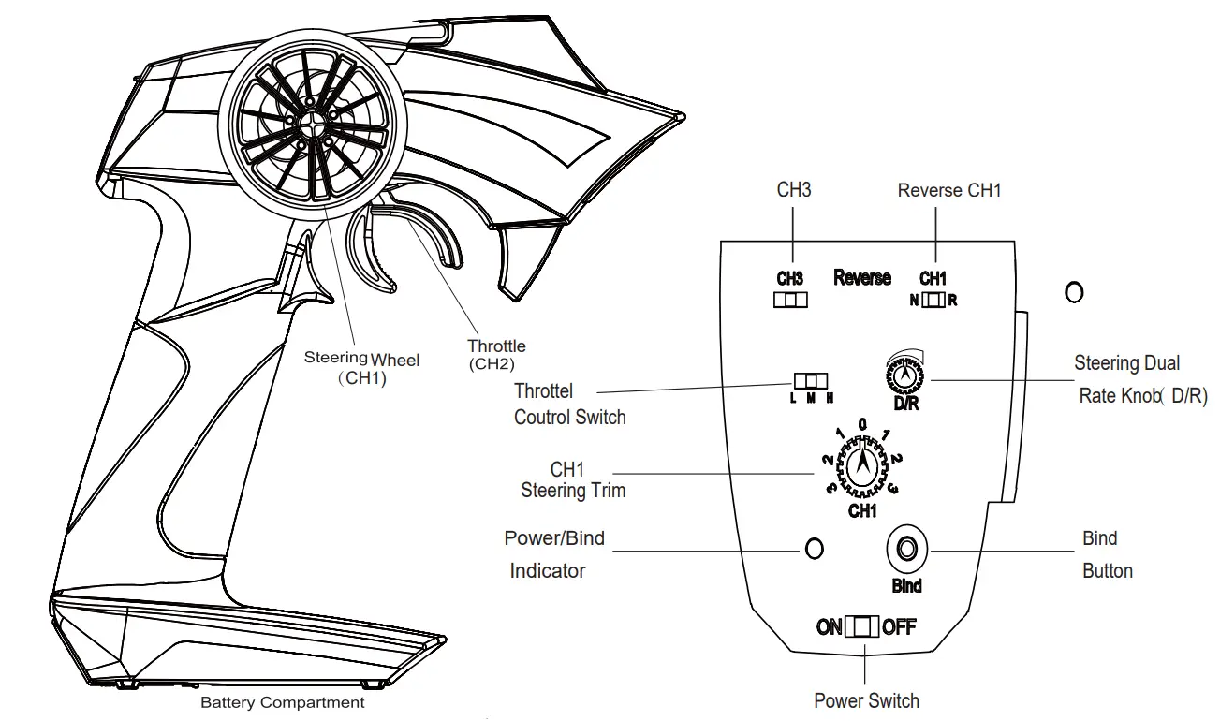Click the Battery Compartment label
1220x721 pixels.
(283, 702)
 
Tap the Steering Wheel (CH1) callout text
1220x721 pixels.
(361, 368)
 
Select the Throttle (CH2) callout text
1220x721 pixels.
(496, 354)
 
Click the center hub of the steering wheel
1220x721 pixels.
(309, 122)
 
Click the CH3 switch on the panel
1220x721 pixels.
(789, 300)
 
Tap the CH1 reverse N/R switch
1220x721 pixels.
(933, 301)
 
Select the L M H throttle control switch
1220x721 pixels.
(811, 381)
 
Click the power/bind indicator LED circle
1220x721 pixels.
(815, 549)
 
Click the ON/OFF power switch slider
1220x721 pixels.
(861, 626)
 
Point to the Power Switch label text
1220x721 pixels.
(866, 700)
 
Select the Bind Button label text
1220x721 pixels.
(1107, 554)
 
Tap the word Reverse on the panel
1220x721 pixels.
(861, 278)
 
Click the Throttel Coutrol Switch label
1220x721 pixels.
(569, 404)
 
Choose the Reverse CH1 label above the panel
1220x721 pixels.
(948, 190)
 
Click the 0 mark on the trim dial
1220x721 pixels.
(861, 424)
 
